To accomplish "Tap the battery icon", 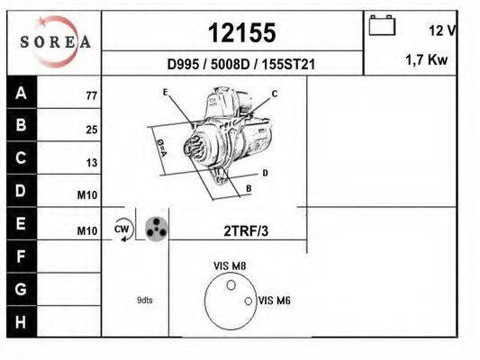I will pos(382,26).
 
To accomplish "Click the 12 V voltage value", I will pos(441,31).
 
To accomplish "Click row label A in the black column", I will pos(22,92).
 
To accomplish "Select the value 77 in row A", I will pos(91,95).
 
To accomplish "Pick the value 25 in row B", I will pos(91,130).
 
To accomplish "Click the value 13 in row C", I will pos(91,163).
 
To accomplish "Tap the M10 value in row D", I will pos(87,195).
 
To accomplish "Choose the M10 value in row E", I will pos(87,231).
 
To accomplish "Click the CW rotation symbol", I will pos(122,229).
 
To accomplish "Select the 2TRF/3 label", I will pos(246,230).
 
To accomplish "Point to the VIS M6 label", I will pos(273,301).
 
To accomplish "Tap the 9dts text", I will pos(145,300).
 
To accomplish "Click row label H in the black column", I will pos(22,320).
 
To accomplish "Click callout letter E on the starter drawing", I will pos(166,93).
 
